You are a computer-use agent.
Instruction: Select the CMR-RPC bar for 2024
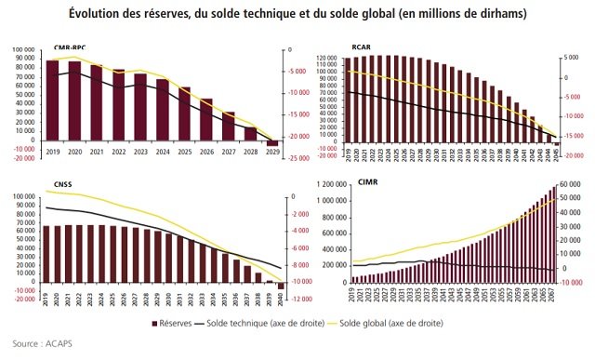(x=163, y=109)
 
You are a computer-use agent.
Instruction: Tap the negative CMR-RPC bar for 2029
(x=272, y=143)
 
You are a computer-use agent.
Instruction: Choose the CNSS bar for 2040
(x=282, y=285)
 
